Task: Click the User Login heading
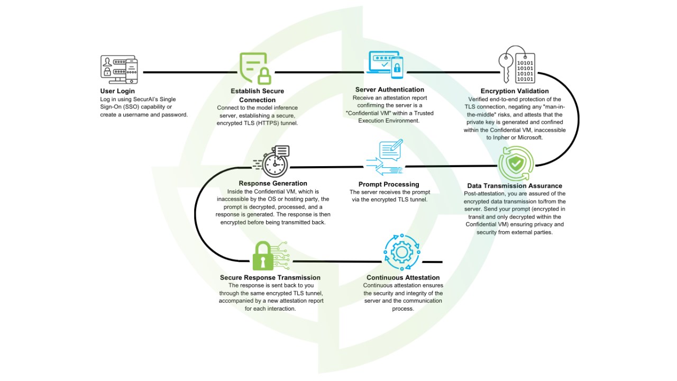(x=117, y=91)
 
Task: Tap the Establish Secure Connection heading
(x=257, y=95)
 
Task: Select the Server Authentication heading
(x=390, y=89)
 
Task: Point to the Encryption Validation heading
(x=515, y=91)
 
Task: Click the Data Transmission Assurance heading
(x=515, y=186)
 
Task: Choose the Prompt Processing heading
(x=389, y=184)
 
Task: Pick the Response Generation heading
(x=273, y=183)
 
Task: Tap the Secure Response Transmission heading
(x=270, y=278)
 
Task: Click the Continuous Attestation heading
(x=403, y=278)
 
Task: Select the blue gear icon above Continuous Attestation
(x=401, y=252)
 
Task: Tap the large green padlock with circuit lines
(x=263, y=256)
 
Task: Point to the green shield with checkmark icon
(x=516, y=164)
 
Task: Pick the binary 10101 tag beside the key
(x=525, y=68)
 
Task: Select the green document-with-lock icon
(x=255, y=68)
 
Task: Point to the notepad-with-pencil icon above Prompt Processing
(x=391, y=150)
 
